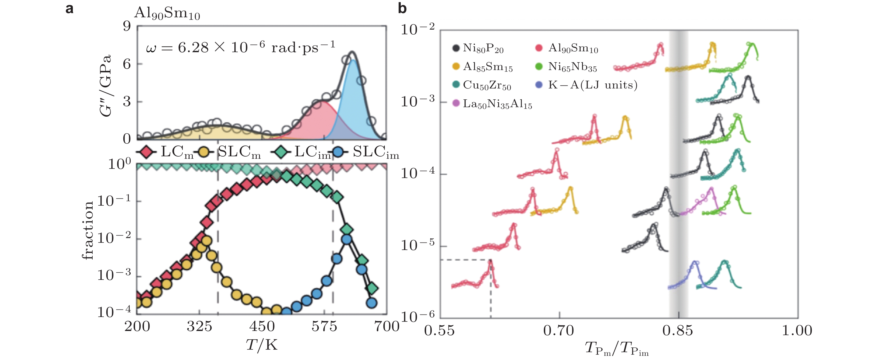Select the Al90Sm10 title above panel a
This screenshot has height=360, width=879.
tap(167, 13)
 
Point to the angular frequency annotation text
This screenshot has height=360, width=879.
tap(240, 47)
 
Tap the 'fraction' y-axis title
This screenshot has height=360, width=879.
tap(88, 231)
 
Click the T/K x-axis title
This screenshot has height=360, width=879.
tap(262, 345)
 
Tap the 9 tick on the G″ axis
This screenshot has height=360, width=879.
tap(127, 26)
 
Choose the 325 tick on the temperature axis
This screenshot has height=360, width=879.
tap(199, 327)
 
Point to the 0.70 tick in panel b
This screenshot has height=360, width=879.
tap(559, 330)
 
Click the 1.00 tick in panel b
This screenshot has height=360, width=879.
tap(797, 330)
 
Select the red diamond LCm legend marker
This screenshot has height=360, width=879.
tap(146, 152)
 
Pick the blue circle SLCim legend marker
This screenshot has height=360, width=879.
tap(338, 152)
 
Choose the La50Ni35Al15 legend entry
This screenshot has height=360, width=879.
tap(492, 104)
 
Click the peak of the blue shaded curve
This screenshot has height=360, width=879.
tap(353, 60)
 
